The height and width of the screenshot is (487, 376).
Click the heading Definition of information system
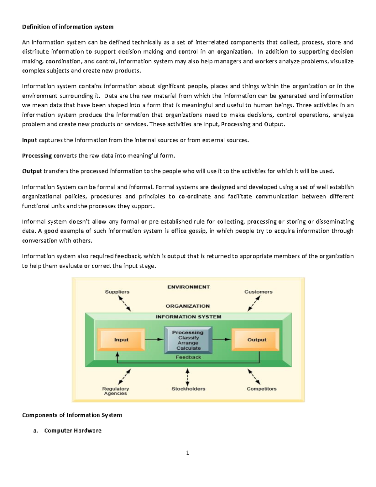(x=68, y=27)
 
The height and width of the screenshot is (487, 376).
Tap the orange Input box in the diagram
(x=121, y=340)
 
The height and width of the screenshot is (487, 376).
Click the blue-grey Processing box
(x=188, y=340)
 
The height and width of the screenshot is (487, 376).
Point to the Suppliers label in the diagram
(x=117, y=292)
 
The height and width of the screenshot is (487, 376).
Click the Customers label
(x=258, y=292)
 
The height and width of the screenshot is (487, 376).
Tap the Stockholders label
(x=188, y=389)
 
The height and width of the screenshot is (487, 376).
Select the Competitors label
(x=261, y=389)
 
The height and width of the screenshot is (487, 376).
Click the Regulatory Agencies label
(x=115, y=391)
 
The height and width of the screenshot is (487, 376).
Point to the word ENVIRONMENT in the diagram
(x=188, y=287)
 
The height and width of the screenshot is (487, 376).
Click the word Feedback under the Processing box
(x=188, y=357)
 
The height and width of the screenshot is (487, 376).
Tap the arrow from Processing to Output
(x=222, y=339)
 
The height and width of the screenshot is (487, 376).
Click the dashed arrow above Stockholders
(x=187, y=377)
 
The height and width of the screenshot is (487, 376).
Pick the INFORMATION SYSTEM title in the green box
(x=188, y=317)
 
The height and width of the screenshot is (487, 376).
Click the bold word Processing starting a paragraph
(x=37, y=156)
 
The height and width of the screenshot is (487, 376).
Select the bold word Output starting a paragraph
(x=32, y=171)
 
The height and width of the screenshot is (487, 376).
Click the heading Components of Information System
(x=72, y=415)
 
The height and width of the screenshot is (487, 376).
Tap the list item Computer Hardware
(x=73, y=431)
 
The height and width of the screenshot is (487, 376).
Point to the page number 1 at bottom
(x=187, y=453)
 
